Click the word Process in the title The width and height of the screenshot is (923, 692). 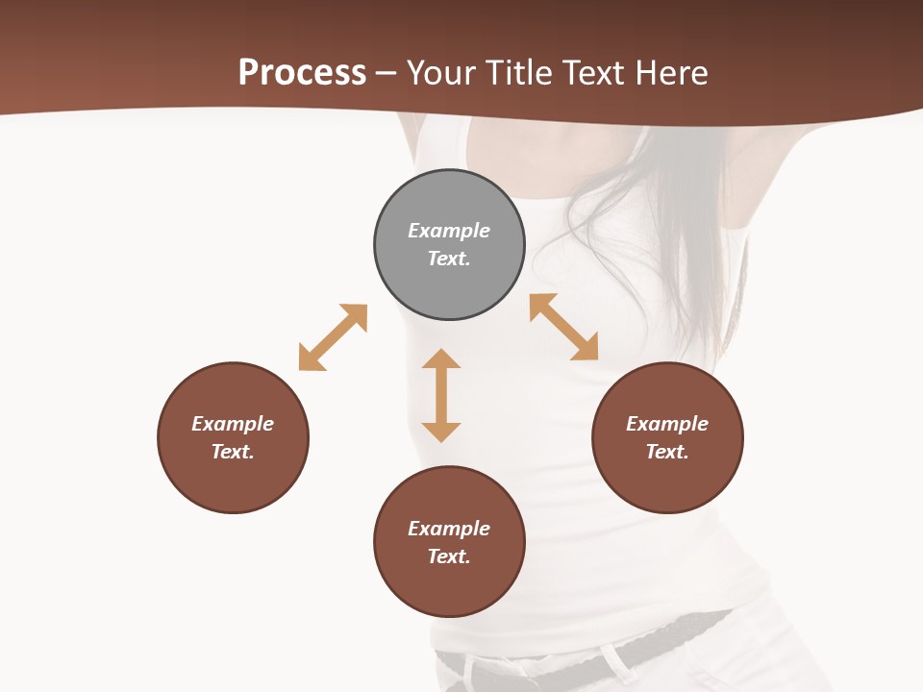click(x=302, y=73)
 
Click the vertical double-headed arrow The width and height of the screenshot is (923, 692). click(x=441, y=395)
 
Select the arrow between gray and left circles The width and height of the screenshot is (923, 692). click(x=333, y=337)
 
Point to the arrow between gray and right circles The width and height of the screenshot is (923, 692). click(x=563, y=327)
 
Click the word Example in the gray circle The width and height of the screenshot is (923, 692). click(x=449, y=231)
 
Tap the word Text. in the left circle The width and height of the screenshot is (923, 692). click(x=233, y=452)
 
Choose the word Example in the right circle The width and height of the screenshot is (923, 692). click(x=667, y=424)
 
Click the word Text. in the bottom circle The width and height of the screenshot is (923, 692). click(x=449, y=556)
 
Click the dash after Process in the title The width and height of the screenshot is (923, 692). click(x=387, y=73)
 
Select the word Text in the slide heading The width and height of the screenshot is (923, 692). click(x=592, y=73)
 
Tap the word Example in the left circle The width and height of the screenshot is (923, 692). click(x=233, y=424)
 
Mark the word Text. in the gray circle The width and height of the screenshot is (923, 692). click(x=449, y=259)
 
